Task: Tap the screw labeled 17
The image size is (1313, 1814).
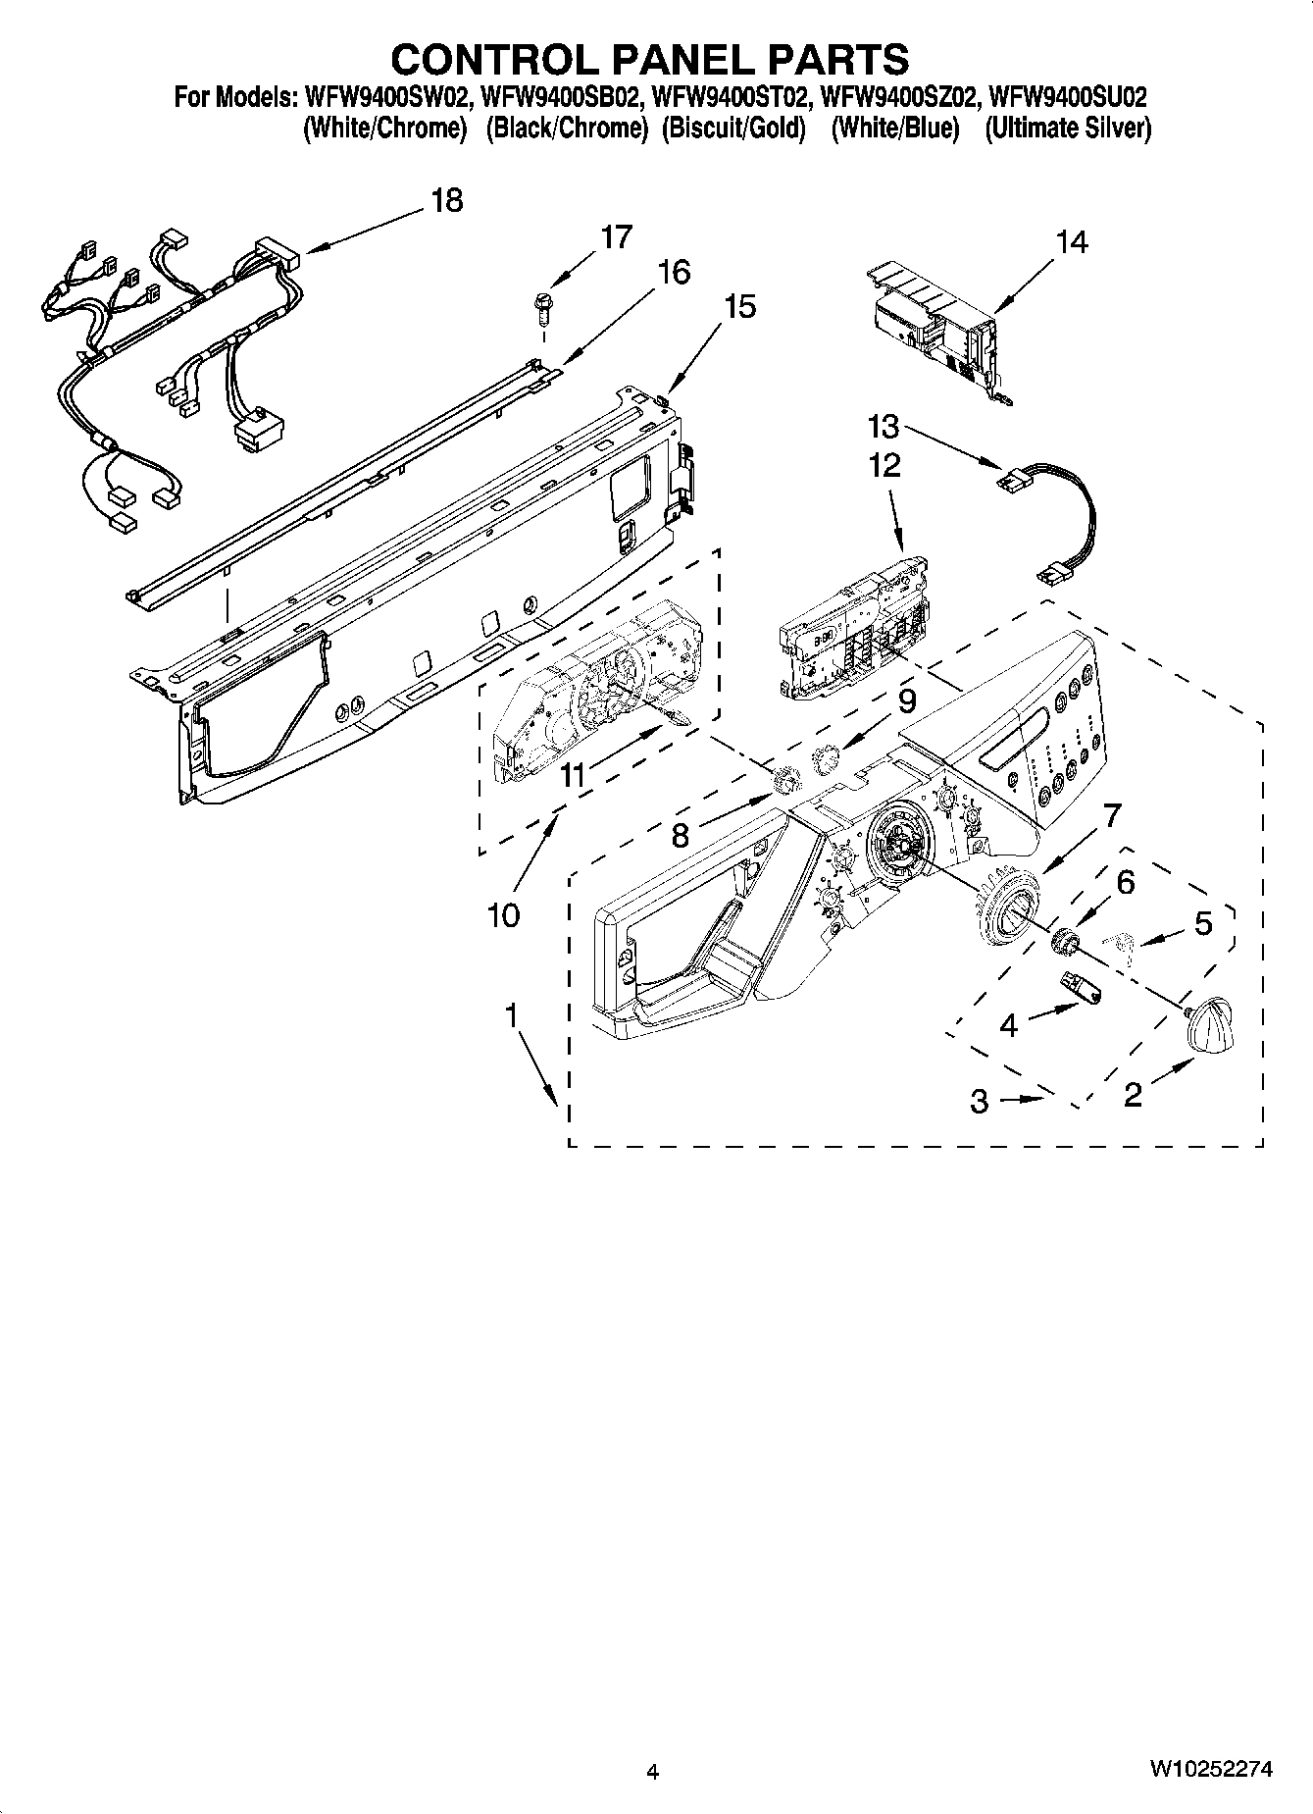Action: [540, 305]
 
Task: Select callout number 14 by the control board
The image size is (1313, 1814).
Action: [1072, 241]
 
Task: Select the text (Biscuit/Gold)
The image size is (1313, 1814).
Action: [733, 129]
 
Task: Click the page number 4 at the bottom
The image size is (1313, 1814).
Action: [652, 1771]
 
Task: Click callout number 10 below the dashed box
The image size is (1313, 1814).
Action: [503, 915]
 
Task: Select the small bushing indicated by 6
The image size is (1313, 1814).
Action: [1064, 942]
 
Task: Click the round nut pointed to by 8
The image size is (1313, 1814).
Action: [785, 782]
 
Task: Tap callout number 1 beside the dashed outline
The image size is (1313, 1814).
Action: [511, 1016]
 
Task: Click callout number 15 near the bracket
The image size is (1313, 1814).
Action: [740, 306]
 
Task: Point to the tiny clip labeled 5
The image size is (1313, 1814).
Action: [1118, 944]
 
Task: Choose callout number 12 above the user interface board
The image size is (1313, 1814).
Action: [884, 464]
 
